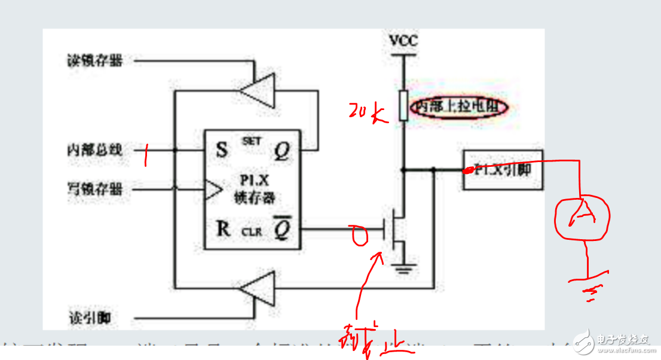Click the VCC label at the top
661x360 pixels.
(x=403, y=41)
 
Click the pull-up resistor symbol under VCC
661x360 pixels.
(x=403, y=106)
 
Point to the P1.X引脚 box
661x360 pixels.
(x=503, y=170)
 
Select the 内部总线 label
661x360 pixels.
(x=94, y=150)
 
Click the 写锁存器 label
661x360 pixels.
(x=94, y=190)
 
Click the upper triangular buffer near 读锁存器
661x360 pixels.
(x=258, y=90)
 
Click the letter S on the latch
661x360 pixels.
(x=222, y=150)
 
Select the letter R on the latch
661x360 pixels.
(x=223, y=229)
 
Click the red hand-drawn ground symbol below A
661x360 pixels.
(x=589, y=289)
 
